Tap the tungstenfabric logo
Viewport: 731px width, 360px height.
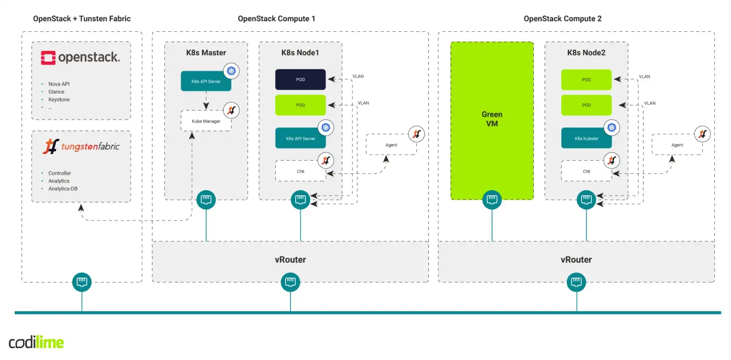pos(81,146)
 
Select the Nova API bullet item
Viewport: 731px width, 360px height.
pos(59,84)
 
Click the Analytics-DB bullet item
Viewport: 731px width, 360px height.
pos(63,189)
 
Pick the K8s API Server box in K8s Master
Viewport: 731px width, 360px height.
pos(206,81)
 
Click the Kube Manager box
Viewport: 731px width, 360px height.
pos(206,121)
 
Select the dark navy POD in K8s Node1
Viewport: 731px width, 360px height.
pos(300,80)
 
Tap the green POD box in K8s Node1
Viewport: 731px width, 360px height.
pos(300,105)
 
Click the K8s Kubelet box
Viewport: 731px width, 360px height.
pos(586,139)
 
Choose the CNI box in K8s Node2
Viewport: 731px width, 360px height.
pos(586,171)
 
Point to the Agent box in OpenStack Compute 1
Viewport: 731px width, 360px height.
pos(391,145)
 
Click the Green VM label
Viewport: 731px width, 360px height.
pos(492,119)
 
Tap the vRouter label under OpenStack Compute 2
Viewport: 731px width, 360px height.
pos(576,260)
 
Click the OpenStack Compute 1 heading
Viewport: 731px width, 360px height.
pos(276,19)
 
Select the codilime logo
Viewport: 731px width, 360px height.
pos(36,342)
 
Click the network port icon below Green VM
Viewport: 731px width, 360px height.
pos(492,200)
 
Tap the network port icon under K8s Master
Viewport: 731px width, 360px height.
pos(206,200)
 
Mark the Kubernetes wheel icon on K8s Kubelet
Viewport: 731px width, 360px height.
pos(612,128)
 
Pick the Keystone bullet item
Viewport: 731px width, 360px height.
pos(59,100)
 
